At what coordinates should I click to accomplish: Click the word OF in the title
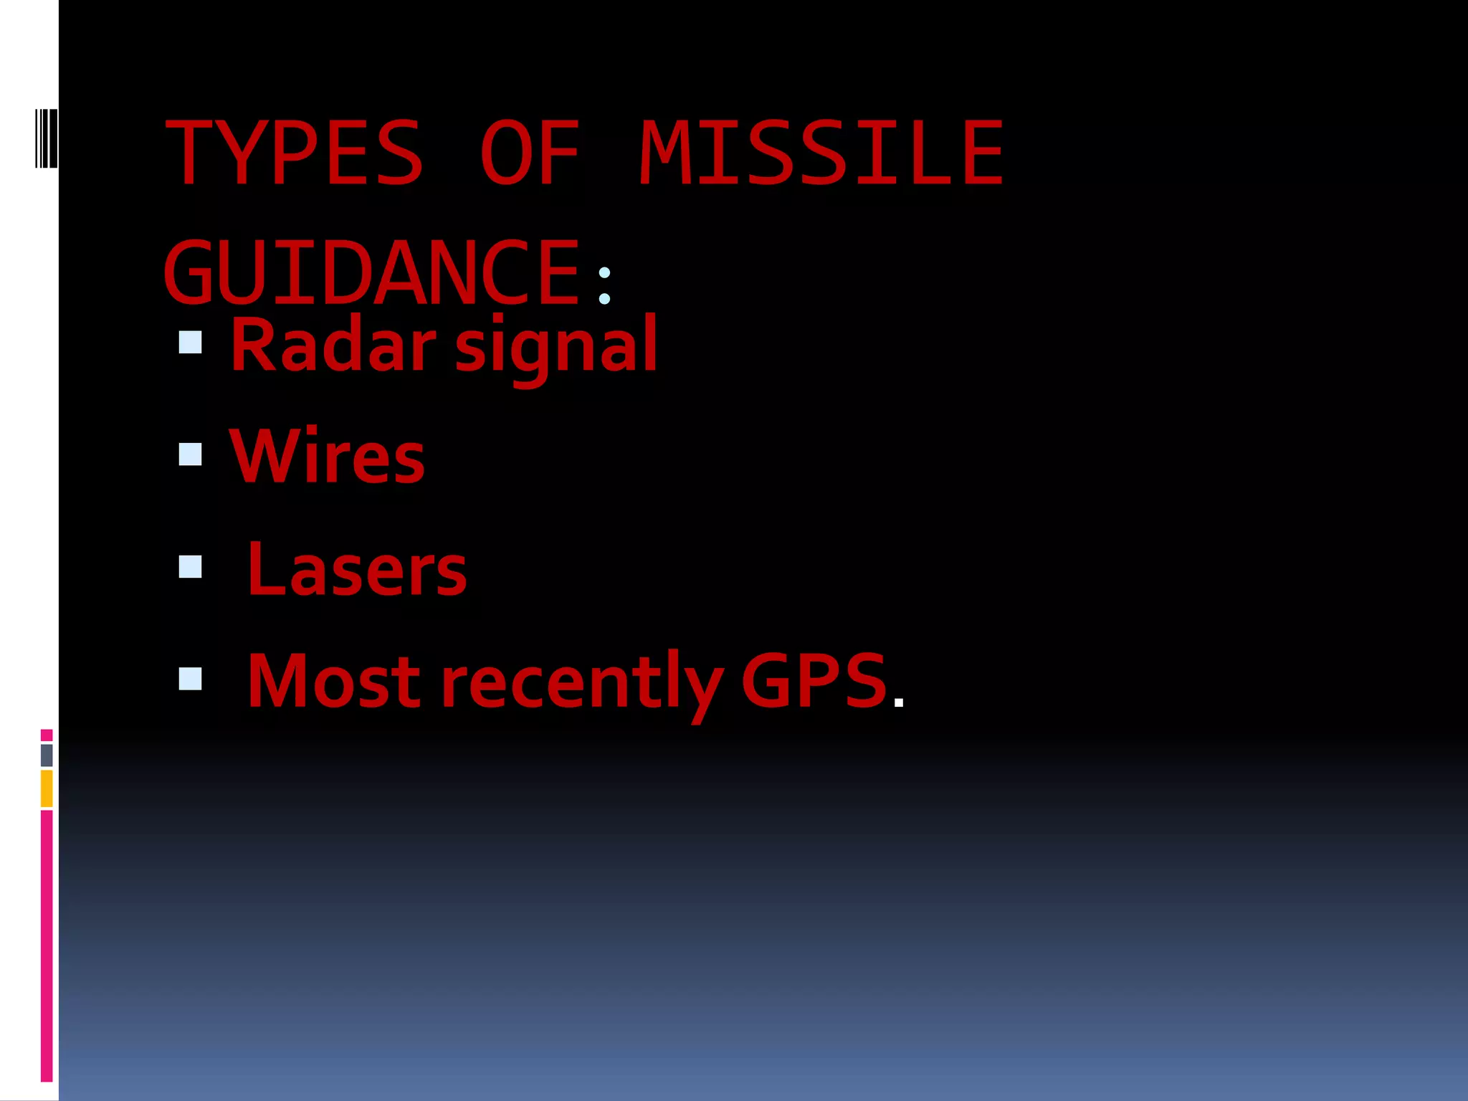(x=529, y=153)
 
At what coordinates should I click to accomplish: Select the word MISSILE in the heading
(x=821, y=153)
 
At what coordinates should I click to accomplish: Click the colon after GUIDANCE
(x=604, y=285)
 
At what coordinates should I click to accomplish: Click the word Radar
(x=333, y=345)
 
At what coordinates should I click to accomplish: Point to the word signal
(x=556, y=348)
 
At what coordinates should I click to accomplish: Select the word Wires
(x=327, y=457)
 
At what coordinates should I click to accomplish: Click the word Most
(x=334, y=681)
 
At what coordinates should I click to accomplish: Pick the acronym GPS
(x=814, y=681)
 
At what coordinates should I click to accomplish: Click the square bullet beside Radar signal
(x=191, y=343)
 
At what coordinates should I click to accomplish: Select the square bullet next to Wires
(x=191, y=454)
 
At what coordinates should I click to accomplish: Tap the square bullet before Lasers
(x=191, y=567)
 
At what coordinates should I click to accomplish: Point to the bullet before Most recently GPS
(x=191, y=679)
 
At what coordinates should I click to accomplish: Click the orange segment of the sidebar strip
(x=47, y=788)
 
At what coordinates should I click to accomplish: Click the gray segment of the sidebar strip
(x=47, y=755)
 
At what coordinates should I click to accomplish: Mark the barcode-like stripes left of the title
(x=46, y=138)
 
